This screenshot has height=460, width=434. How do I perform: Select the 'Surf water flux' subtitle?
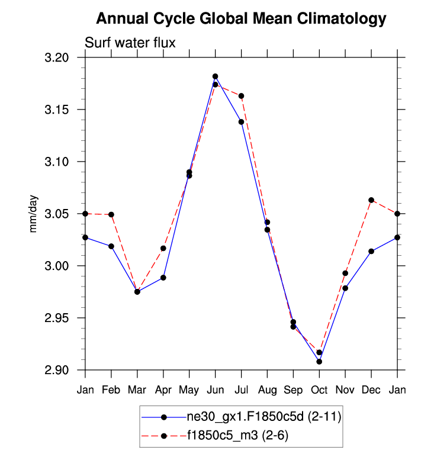click(x=130, y=43)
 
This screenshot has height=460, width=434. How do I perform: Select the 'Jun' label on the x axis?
click(x=215, y=390)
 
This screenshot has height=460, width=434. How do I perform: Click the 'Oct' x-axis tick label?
click(x=319, y=390)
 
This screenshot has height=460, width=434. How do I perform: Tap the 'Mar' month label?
click(x=137, y=390)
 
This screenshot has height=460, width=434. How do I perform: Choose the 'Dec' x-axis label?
click(x=371, y=390)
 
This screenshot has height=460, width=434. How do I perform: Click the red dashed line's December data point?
click(x=371, y=200)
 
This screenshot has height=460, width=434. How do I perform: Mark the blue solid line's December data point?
click(x=371, y=251)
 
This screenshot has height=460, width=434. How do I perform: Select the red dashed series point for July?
click(x=241, y=96)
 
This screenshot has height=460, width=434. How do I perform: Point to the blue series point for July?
click(x=241, y=122)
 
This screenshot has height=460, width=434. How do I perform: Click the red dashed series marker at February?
click(x=111, y=214)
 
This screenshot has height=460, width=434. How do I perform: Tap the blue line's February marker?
click(x=111, y=246)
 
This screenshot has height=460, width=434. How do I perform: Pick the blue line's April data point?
click(x=163, y=278)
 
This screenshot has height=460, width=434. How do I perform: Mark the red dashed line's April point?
click(x=163, y=248)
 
